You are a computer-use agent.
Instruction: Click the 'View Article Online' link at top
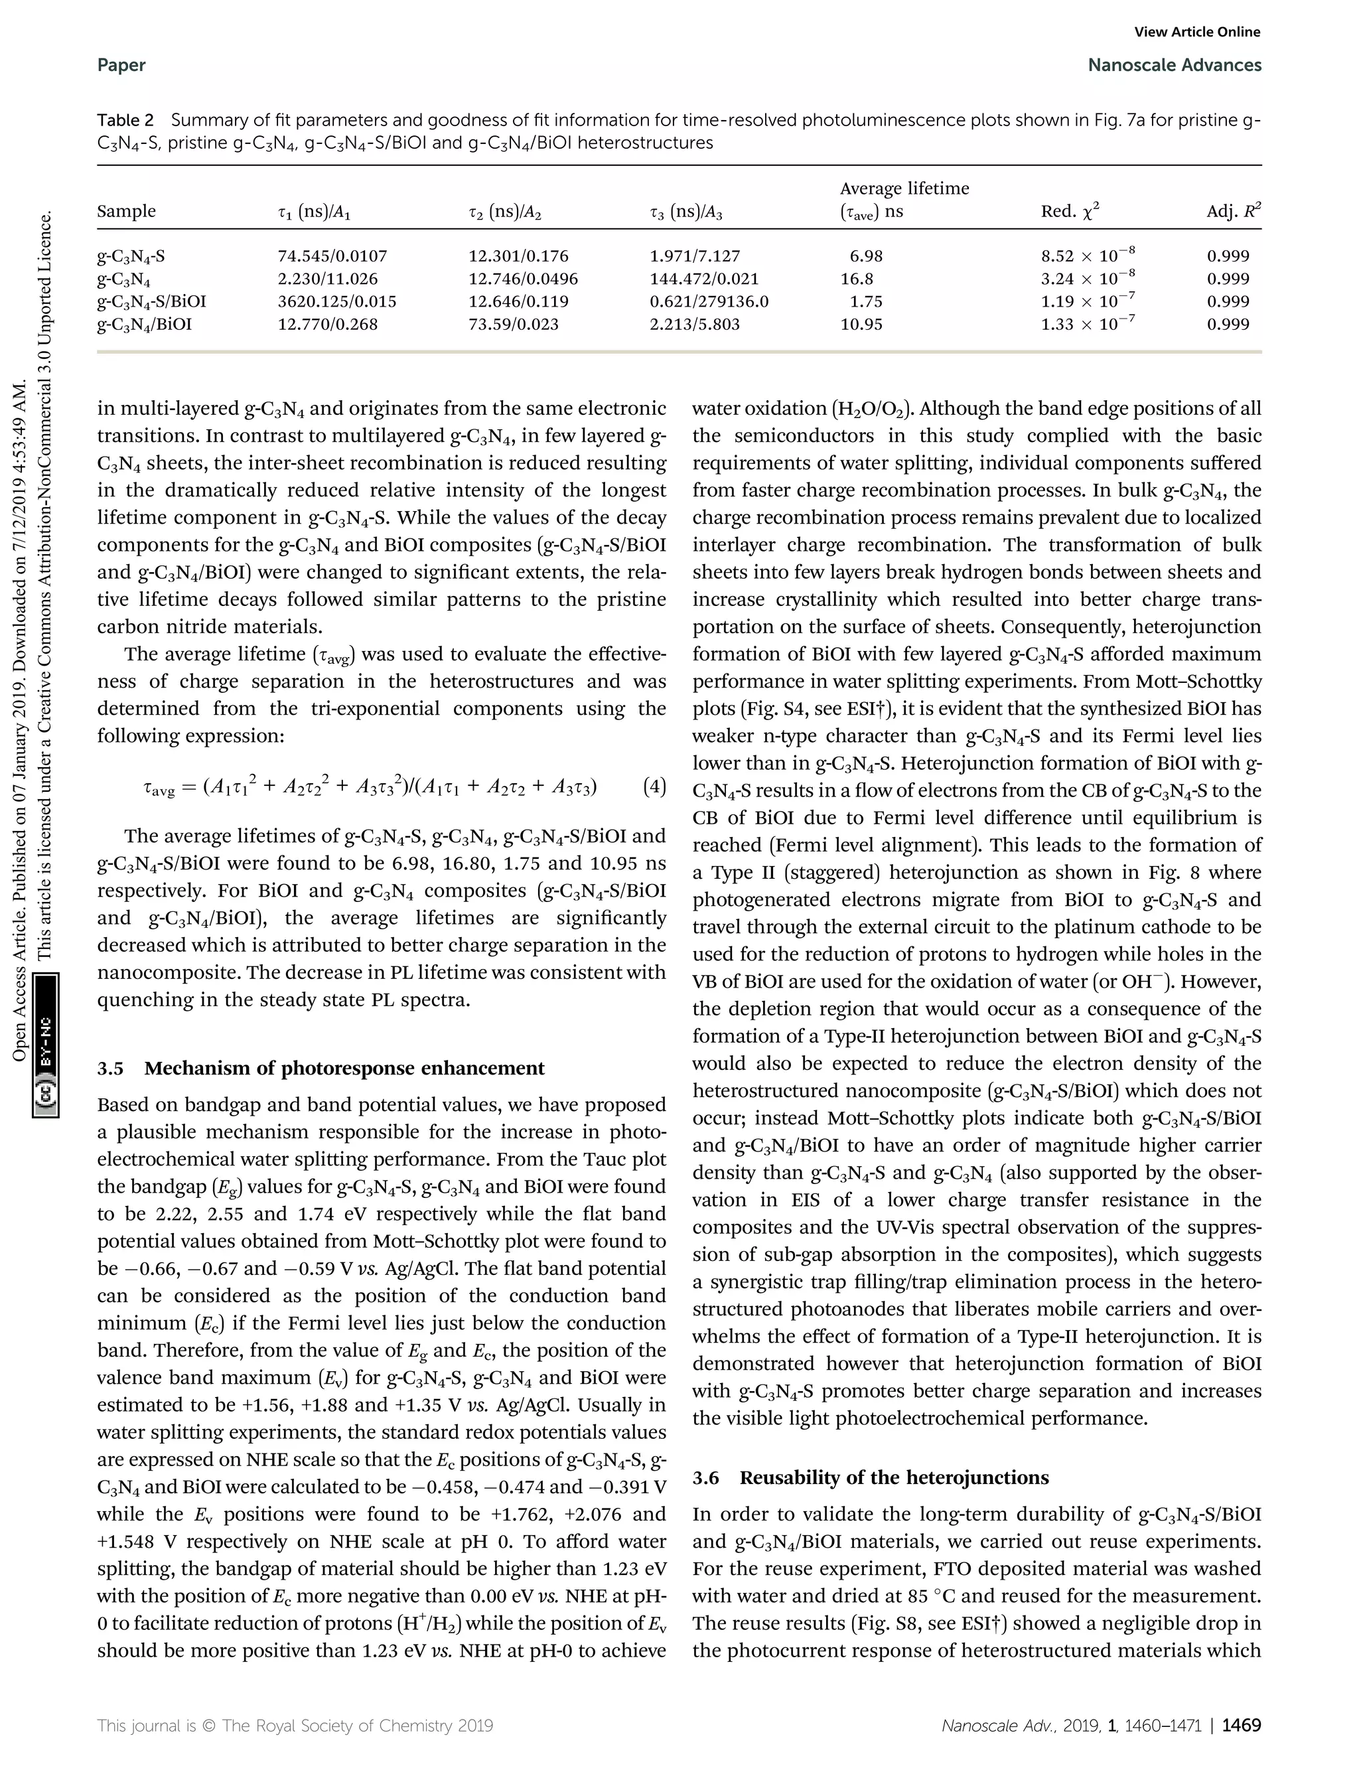(1197, 33)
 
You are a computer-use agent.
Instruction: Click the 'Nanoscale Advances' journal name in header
(1175, 66)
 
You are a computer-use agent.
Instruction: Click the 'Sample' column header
(126, 212)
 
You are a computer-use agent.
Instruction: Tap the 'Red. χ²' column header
(1070, 212)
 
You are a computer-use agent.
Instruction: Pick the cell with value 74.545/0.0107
(332, 256)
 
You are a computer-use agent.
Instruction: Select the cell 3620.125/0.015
(337, 302)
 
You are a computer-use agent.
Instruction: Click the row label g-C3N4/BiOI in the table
(144, 325)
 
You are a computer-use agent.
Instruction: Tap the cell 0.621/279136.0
(709, 302)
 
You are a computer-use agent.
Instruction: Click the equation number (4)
(654, 786)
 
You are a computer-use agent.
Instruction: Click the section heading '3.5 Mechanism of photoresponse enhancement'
(321, 1068)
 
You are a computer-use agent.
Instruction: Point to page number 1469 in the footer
(1241, 1725)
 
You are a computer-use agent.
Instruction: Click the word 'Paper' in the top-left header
(121, 66)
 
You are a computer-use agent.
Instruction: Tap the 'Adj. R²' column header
(1233, 212)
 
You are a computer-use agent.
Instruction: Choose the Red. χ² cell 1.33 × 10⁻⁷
(1088, 324)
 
